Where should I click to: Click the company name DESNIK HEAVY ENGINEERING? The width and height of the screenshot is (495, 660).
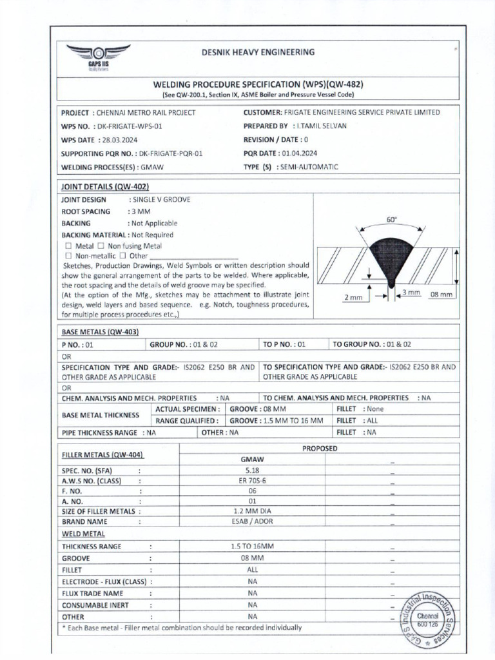point(258,52)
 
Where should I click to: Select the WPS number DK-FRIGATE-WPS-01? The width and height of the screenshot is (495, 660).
point(126,126)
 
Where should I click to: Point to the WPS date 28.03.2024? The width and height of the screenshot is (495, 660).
point(119,140)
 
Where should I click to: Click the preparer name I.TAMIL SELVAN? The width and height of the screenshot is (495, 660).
point(322,126)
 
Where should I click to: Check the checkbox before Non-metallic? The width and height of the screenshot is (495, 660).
point(68,256)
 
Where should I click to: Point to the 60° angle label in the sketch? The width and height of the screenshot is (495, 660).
point(391,220)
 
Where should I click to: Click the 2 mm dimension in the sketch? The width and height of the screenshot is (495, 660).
point(354,297)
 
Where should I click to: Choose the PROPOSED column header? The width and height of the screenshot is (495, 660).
point(320,448)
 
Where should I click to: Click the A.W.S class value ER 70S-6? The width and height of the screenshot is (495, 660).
point(252,481)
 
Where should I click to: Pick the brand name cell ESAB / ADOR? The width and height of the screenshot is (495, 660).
point(252,521)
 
